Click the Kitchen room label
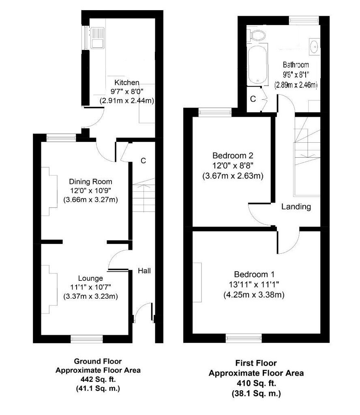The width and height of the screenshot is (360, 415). [x=127, y=82]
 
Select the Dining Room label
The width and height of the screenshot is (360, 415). [x=90, y=182]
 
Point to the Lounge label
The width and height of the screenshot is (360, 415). [x=90, y=278]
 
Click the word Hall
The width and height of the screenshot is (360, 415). [x=144, y=270]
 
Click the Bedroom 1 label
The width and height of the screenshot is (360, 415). [x=254, y=274]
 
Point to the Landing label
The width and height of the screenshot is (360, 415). [x=296, y=207]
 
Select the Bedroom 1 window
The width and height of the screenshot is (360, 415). [x=244, y=336]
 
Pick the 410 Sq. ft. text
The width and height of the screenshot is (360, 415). [x=256, y=383]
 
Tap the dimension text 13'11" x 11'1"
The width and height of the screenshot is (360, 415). [x=254, y=285]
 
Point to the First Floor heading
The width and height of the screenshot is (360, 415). [x=256, y=363]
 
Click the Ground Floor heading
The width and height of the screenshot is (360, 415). [x=98, y=361]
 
